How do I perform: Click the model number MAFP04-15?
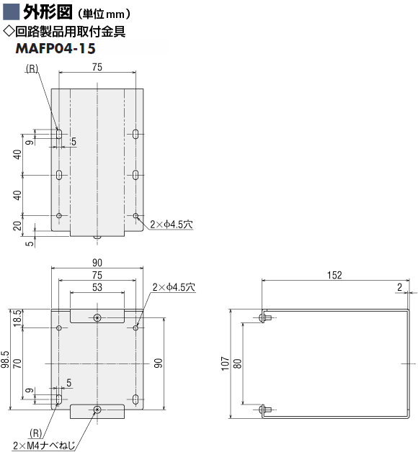[55, 48]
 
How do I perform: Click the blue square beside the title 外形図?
[12, 12]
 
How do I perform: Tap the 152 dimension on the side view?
[334, 275]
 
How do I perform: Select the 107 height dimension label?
[225, 363]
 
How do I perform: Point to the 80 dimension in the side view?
[237, 363]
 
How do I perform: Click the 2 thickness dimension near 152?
[399, 287]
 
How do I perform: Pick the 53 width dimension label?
[97, 287]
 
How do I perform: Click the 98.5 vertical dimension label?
[5, 359]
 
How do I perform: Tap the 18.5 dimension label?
[17, 318]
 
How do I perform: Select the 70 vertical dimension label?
[17, 363]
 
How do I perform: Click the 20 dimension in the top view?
[17, 226]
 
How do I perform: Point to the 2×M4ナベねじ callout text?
[44, 446]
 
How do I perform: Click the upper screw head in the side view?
[262, 318]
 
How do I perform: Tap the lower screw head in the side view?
[262, 410]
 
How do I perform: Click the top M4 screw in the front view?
[97, 318]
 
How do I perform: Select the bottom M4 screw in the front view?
[97, 410]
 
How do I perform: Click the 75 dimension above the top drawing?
[97, 67]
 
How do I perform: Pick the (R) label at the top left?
[32, 68]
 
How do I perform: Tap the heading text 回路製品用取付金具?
[70, 32]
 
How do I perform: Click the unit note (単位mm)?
[104, 14]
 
